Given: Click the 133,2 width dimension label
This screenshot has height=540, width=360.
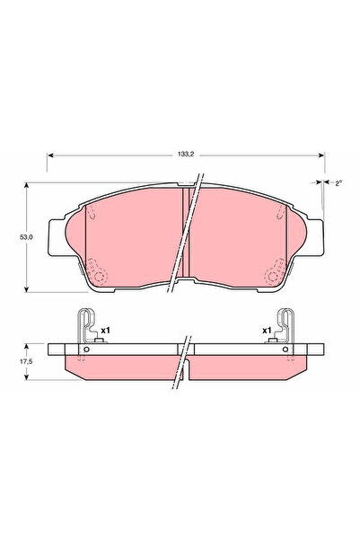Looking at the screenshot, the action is pos(186,155).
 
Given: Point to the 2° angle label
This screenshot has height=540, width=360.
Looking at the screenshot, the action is pos(339,183).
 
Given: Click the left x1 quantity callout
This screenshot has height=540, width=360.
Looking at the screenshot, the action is pos(105,331).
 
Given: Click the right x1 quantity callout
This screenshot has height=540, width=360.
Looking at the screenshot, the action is pos(267,331).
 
